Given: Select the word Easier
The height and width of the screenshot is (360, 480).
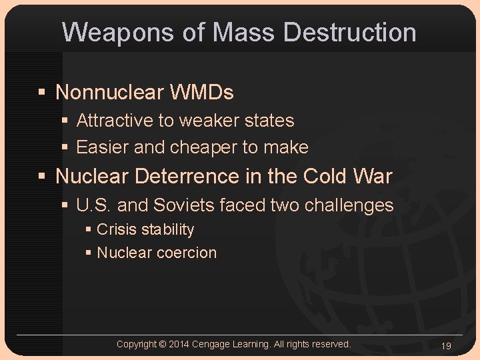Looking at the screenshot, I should point(103,147).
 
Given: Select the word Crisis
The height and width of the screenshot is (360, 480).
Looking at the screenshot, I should point(117,230).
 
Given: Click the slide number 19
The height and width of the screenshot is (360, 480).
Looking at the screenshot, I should point(446,345).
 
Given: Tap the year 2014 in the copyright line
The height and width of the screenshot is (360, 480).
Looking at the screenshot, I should point(179,344).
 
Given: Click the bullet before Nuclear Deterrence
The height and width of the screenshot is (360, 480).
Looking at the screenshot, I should point(42,177).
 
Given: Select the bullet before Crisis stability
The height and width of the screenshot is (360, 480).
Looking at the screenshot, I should point(89,230).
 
